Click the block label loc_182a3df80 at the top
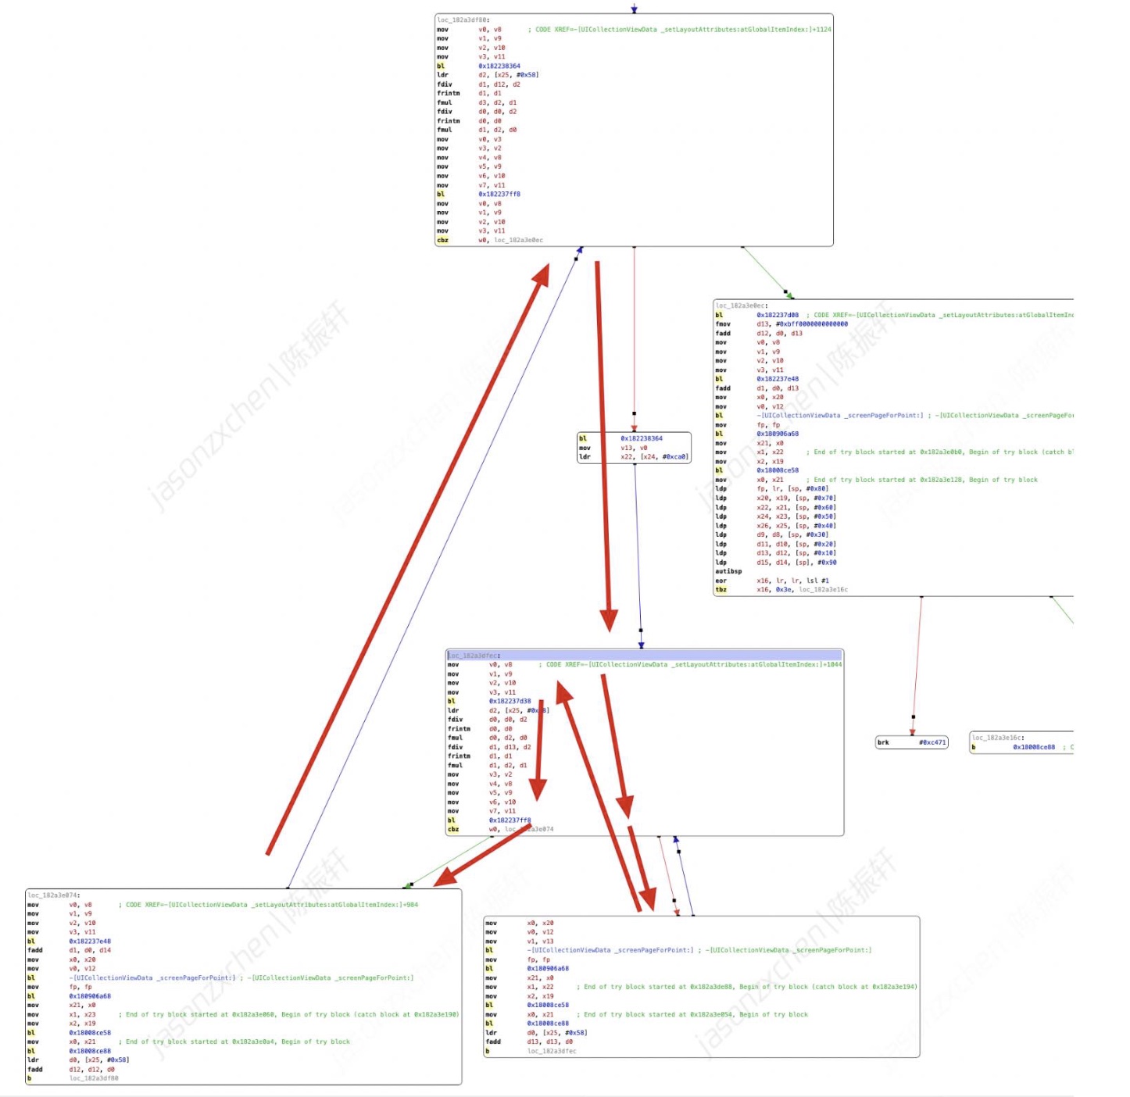[x=463, y=20]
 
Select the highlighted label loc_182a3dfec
[x=474, y=656]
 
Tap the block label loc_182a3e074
[x=54, y=895]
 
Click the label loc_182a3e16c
[x=998, y=738]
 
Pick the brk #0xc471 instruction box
[x=911, y=742]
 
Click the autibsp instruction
[x=728, y=571]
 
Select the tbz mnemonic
[x=721, y=590]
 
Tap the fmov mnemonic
[x=723, y=323]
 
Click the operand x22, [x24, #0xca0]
[x=654, y=457]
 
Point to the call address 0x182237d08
[x=778, y=315]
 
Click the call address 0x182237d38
[x=510, y=701]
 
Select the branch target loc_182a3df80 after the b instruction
[x=94, y=1078]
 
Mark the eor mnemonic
[x=721, y=581]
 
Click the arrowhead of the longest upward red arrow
[x=542, y=270]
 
